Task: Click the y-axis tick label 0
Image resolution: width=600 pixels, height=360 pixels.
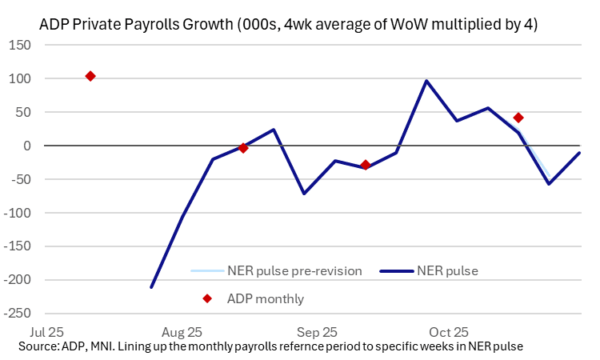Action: pyautogui.click(x=27, y=146)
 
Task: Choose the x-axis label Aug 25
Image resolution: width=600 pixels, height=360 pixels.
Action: pyautogui.click(x=182, y=331)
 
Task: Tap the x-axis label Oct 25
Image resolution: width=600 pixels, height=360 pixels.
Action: pyautogui.click(x=450, y=331)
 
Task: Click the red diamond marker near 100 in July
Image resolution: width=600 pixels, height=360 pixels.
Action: pyautogui.click(x=90, y=76)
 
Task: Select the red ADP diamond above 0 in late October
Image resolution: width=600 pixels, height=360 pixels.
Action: pyautogui.click(x=518, y=118)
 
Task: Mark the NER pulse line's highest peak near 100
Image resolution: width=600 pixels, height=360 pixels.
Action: pyautogui.click(x=426, y=81)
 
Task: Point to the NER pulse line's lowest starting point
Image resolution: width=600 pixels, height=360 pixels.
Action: pyautogui.click(x=151, y=287)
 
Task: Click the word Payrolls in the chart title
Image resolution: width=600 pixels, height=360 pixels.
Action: pyautogui.click(x=135, y=24)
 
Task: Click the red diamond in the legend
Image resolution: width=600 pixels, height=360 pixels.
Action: pyautogui.click(x=207, y=298)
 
